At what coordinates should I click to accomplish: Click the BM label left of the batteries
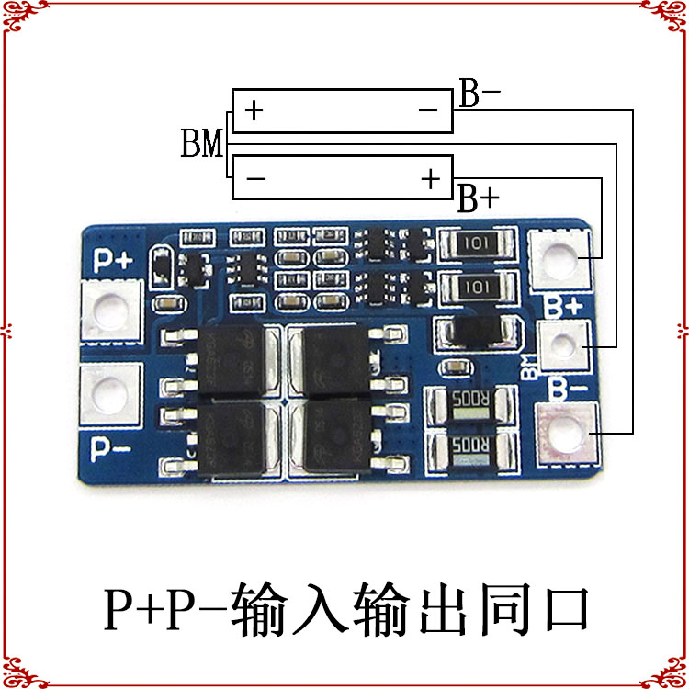pos(202,145)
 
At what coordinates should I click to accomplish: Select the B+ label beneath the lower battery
pos(479,198)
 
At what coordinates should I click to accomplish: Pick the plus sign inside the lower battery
pos(431,178)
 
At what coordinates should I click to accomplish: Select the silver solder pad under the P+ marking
pos(112,311)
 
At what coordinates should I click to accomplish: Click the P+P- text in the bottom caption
pos(164,607)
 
